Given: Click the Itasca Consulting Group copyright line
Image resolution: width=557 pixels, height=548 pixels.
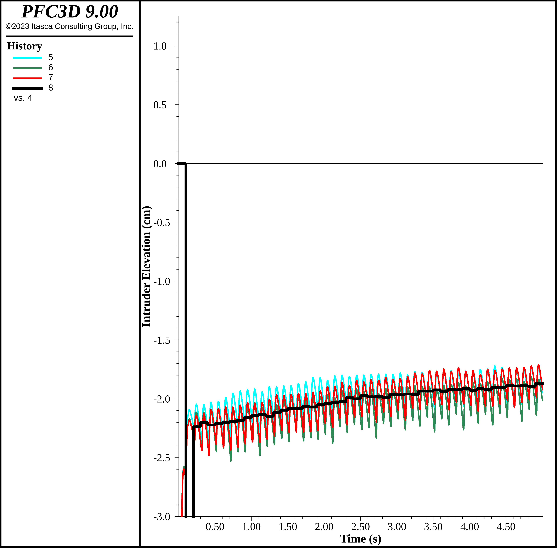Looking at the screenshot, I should [x=70, y=26].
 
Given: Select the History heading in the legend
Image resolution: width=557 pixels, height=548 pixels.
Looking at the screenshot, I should [x=24, y=46].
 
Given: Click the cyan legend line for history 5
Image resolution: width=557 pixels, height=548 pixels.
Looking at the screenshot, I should [x=28, y=58].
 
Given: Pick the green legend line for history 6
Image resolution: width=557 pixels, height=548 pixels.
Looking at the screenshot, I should [x=28, y=68].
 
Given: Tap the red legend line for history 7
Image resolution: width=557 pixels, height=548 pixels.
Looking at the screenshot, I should [x=28, y=78].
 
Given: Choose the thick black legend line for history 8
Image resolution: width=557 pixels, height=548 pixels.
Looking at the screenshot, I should [x=28, y=88].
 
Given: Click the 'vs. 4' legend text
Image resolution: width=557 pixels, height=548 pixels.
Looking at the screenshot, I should [x=23, y=98].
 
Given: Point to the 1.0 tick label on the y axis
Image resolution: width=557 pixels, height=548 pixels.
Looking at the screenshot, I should [x=160, y=46].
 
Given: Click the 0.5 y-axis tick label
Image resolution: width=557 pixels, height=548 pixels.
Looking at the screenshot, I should [x=160, y=105].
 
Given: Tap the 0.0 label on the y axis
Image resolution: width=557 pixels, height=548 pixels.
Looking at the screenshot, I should [x=160, y=164].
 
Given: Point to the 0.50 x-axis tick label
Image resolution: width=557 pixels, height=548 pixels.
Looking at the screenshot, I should [x=215, y=527].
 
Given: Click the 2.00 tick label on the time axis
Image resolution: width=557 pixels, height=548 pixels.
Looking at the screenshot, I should [x=324, y=527].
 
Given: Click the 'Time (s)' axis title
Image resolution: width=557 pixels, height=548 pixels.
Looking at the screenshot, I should [x=360, y=539].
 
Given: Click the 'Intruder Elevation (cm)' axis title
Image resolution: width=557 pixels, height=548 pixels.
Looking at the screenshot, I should [x=146, y=266].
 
